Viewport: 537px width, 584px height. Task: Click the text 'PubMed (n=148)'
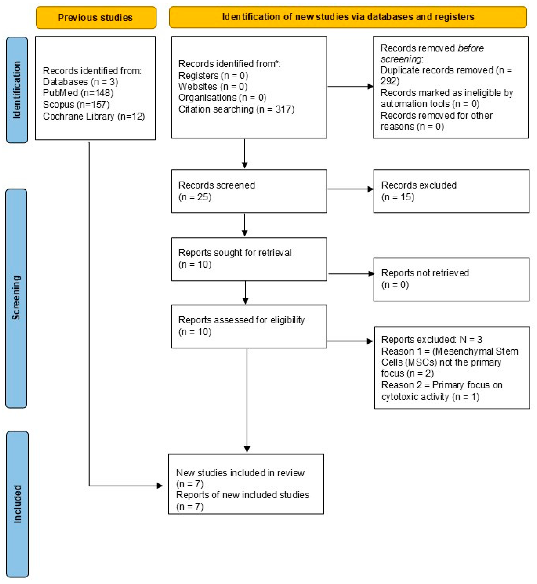pos(78,93)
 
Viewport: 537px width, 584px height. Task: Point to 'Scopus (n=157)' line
pos(76,105)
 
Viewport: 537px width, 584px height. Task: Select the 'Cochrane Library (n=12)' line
pos(94,116)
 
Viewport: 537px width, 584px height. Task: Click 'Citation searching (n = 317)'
pos(236,109)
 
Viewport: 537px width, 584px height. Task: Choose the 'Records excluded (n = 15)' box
pos(451,191)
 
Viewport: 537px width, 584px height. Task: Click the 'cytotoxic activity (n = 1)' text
pos(430,397)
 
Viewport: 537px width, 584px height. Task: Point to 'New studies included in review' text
pos(240,473)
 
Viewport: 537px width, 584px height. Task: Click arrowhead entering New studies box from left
pos(160,485)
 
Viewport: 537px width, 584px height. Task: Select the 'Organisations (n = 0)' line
pos(222,98)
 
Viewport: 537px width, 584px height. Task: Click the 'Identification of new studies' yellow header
pos(348,17)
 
